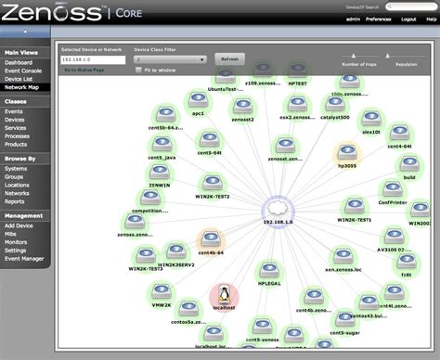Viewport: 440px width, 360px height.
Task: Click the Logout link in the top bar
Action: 408,18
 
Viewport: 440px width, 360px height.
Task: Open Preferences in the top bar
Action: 377,18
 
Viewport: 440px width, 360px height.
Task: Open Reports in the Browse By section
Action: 14,200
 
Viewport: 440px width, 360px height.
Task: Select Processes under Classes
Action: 18,136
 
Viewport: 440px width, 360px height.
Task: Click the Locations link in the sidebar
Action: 19,185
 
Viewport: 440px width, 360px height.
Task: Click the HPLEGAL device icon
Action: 268,264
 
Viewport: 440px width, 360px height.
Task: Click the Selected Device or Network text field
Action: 92,58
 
